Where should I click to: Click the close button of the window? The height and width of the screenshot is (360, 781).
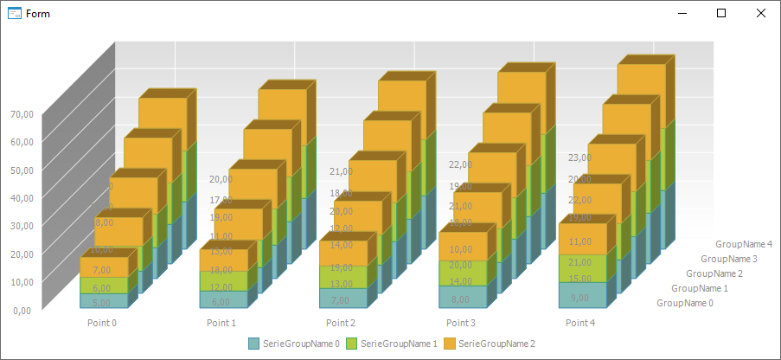click(760, 13)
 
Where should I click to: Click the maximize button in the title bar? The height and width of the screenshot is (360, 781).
click(721, 13)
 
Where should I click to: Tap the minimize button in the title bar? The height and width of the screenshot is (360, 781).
click(682, 13)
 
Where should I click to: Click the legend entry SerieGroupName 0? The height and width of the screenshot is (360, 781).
click(294, 344)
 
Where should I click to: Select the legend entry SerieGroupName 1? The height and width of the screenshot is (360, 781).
click(392, 344)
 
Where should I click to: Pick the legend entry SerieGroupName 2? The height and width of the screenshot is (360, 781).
click(490, 344)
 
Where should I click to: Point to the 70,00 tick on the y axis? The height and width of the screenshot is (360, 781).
click(22, 114)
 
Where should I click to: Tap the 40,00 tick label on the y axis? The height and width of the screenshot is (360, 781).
click(22, 197)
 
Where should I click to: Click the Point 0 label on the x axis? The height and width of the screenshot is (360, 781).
click(102, 323)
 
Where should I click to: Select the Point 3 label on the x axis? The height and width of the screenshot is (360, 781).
click(461, 323)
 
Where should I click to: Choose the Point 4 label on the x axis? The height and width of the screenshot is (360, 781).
click(580, 323)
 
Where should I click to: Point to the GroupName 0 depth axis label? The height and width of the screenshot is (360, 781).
click(685, 303)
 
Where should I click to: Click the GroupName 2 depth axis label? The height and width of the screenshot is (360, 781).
click(714, 273)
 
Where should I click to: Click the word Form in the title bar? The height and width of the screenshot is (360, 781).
click(38, 14)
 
